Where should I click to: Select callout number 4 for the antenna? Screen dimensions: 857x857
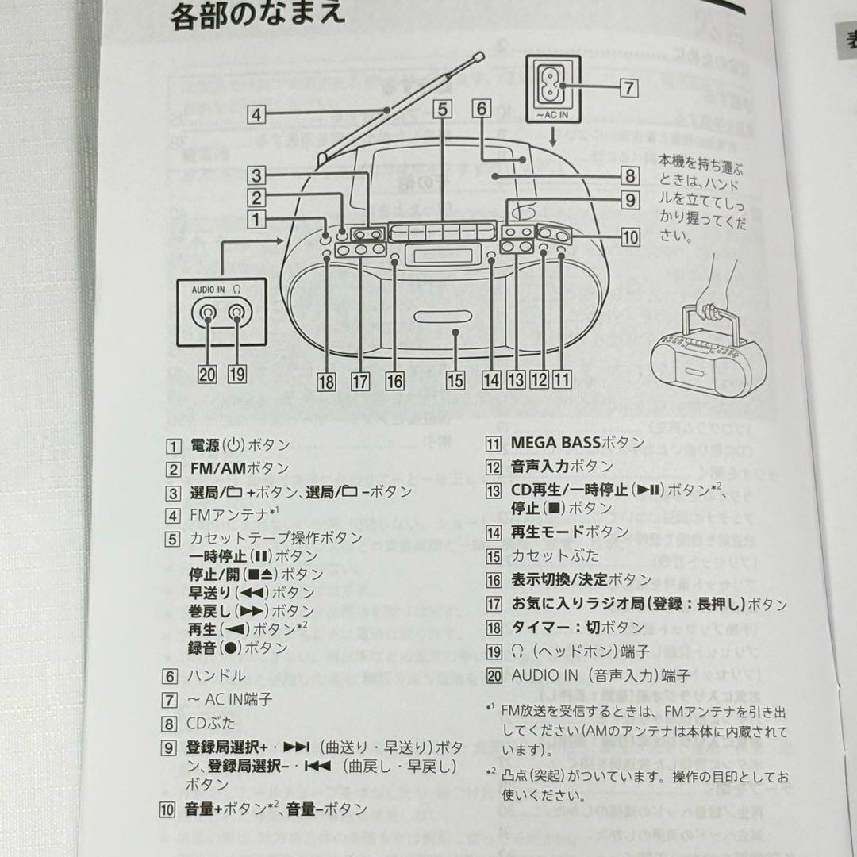point(254,114)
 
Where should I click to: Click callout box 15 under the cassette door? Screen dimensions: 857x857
point(455,379)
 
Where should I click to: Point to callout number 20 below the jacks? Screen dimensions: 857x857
point(207,375)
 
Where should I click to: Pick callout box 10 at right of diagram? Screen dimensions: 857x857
point(630,236)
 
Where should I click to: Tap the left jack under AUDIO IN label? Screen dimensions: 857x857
point(208,315)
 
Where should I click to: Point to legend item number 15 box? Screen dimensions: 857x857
point(494,556)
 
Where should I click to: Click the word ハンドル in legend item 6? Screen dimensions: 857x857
point(217,676)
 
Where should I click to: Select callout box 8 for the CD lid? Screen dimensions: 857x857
point(629,176)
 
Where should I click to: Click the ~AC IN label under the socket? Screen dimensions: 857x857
point(553,116)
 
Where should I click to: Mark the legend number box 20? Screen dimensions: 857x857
point(494,675)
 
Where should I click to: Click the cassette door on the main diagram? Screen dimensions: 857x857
point(436,334)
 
